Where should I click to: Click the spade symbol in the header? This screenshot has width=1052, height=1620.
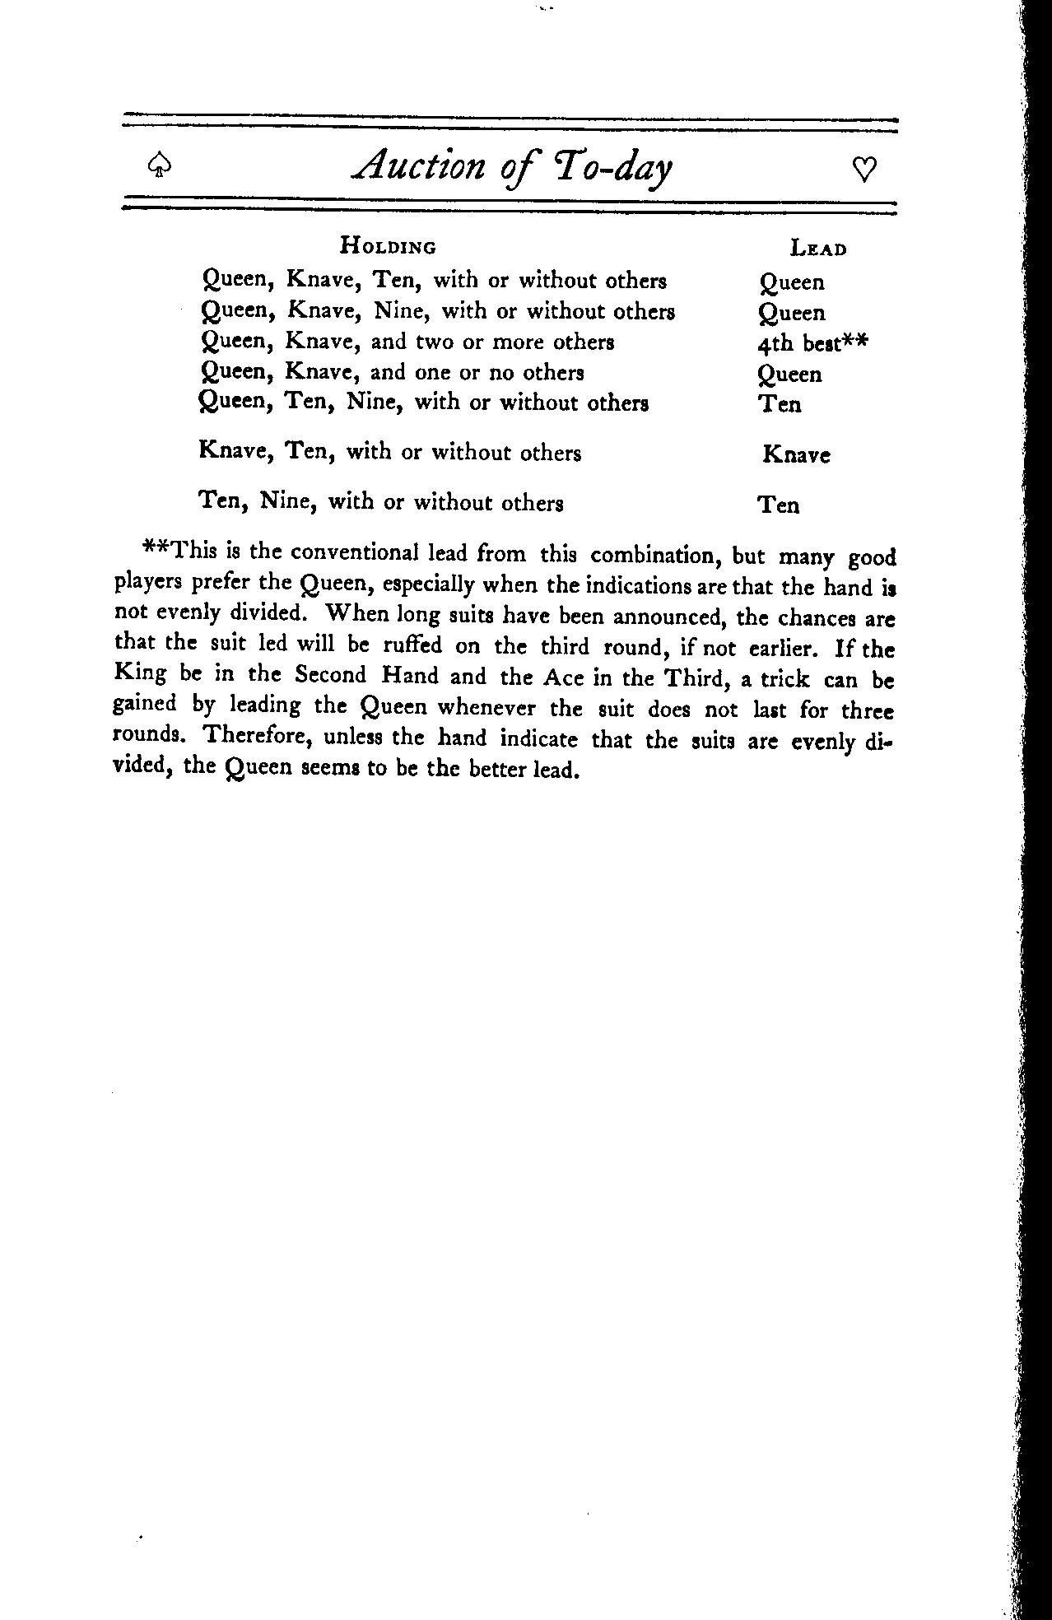156,169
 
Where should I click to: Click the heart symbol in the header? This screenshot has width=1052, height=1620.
864,170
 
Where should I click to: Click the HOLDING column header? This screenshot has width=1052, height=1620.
389,246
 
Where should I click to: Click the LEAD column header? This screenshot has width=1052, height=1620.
818,248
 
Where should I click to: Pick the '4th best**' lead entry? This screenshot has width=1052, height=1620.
812,343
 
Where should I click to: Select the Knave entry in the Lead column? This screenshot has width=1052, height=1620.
796,454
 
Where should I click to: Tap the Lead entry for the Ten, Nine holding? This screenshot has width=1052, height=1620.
779,505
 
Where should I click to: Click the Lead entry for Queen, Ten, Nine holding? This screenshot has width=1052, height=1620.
780,404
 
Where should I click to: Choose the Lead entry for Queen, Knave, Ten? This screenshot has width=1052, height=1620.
791,282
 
